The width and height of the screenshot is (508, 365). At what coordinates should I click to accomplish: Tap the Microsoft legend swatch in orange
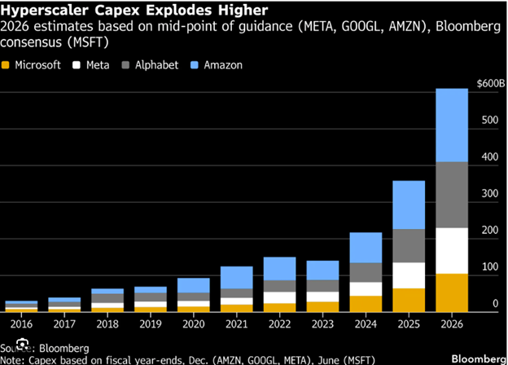(x=8, y=64)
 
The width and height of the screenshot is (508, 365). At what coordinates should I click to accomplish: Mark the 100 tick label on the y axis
(x=488, y=267)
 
